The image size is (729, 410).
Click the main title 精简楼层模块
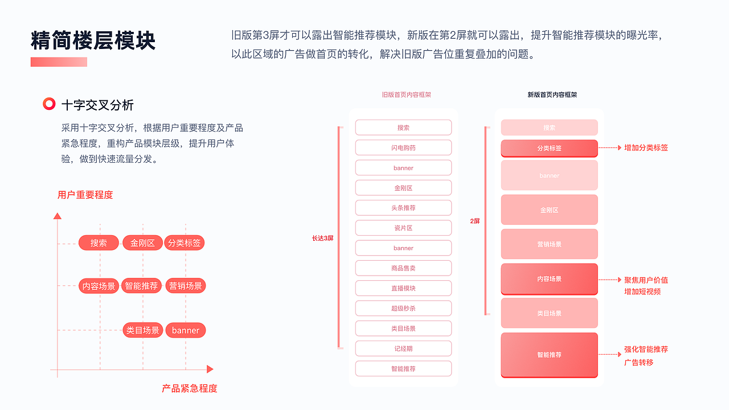pos(93,41)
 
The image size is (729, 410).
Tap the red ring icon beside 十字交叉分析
pos(50,104)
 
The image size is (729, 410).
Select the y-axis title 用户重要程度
pos(85,195)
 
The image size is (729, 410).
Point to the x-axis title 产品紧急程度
pos(190,388)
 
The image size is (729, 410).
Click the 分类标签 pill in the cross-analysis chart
pos(185,243)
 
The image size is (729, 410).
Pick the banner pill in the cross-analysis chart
pos(186,330)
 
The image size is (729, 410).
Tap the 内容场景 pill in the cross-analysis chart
pos(99,286)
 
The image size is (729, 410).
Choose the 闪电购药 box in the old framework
pos(403,147)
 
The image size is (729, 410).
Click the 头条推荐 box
pos(403,208)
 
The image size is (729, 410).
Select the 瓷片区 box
pos(403,228)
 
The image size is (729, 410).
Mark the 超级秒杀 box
pos(403,308)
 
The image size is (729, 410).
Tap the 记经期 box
pos(403,348)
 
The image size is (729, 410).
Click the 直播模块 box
pos(403,288)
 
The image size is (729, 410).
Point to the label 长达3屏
pos(322,238)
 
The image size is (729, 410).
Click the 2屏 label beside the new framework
pos(475,221)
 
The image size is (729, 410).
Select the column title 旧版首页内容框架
pos(406,95)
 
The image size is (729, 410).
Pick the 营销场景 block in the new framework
pos(549,244)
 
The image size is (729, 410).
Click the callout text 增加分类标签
pos(646,147)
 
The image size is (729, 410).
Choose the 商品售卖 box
pos(403,268)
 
